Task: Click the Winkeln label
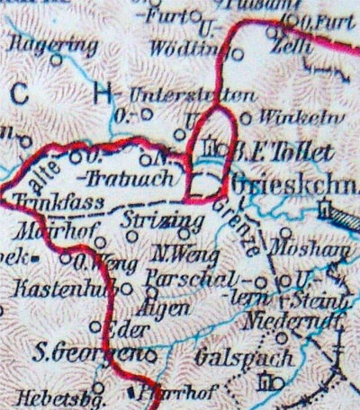click(x=293, y=116)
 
